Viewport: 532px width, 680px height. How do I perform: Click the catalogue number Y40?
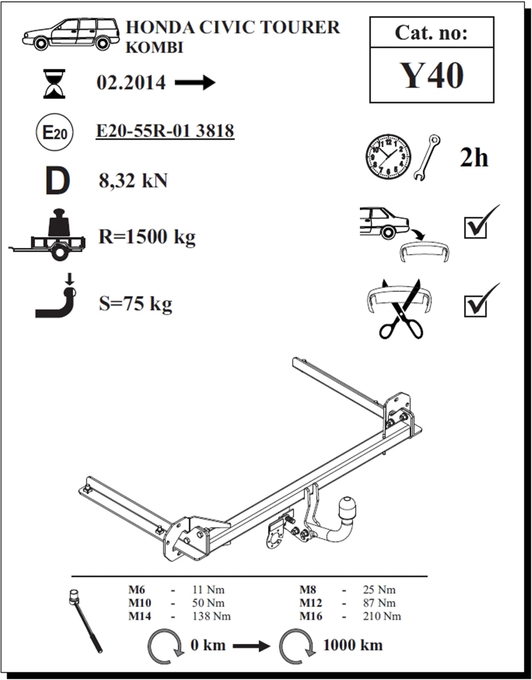click(431, 75)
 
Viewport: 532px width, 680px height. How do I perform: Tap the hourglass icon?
click(54, 84)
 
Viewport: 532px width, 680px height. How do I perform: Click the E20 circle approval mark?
click(55, 133)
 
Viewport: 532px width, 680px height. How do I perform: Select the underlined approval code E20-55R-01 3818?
click(165, 131)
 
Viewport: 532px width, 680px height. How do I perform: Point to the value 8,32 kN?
click(133, 181)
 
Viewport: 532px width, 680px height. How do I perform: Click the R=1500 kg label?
click(147, 237)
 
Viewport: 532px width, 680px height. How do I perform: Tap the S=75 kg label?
click(135, 304)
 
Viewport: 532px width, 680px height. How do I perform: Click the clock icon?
click(388, 158)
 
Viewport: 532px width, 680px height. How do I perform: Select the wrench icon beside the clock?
click(427, 158)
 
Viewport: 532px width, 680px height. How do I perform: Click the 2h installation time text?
click(474, 158)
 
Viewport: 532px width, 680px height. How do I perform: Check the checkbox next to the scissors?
click(476, 307)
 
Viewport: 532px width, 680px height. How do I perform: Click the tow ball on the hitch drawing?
click(347, 506)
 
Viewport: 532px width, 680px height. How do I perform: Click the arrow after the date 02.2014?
click(195, 83)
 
